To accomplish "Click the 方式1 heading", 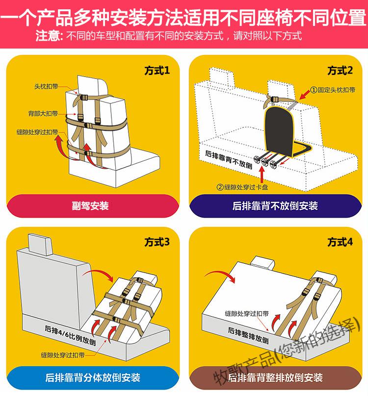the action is (157, 71).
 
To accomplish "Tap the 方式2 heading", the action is (340, 71).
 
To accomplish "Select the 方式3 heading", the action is (157, 242).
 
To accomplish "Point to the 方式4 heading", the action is (340, 242).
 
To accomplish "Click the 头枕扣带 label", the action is (47, 86).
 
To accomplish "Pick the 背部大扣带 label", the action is (43, 113).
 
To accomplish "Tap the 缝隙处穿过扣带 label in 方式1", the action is (37, 132).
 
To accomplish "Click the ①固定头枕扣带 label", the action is (333, 90).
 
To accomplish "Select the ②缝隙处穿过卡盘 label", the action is (242, 187).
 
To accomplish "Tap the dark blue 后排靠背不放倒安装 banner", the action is (275, 205).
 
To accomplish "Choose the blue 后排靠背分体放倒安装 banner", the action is (93, 377).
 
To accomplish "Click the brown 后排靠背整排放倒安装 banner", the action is (275, 377).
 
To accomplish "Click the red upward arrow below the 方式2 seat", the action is (262, 174).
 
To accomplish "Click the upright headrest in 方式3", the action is (40, 244).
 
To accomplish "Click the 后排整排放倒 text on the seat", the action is (248, 335).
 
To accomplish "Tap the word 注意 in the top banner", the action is (49, 36).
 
